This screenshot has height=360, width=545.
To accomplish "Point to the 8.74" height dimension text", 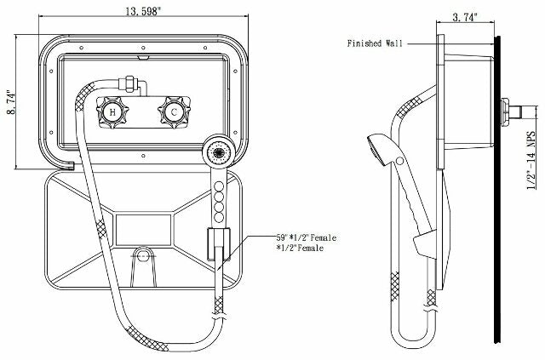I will tap(10, 104).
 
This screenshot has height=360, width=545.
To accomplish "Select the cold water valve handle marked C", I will tap(173, 112).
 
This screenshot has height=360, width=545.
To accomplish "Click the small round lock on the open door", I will tap(143, 256).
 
